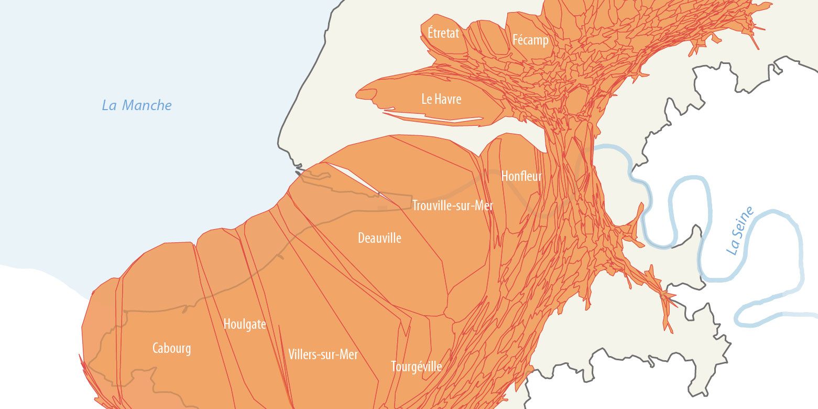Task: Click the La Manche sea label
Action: (x=136, y=105)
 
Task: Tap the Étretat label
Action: (x=443, y=33)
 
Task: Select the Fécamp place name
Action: (x=530, y=40)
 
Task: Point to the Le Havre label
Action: (x=441, y=99)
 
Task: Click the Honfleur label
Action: (x=521, y=176)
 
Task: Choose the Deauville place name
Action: (x=379, y=238)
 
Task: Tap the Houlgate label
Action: (x=245, y=325)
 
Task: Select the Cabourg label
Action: (x=171, y=348)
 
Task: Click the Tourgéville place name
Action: (x=416, y=367)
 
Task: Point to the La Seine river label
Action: (x=740, y=231)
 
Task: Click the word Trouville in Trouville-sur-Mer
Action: (x=432, y=206)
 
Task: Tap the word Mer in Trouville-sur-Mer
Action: (x=484, y=206)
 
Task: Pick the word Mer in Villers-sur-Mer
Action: (x=348, y=354)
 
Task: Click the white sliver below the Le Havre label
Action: (x=435, y=116)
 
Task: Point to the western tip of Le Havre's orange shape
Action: (x=358, y=95)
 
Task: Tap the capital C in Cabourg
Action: (x=156, y=348)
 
